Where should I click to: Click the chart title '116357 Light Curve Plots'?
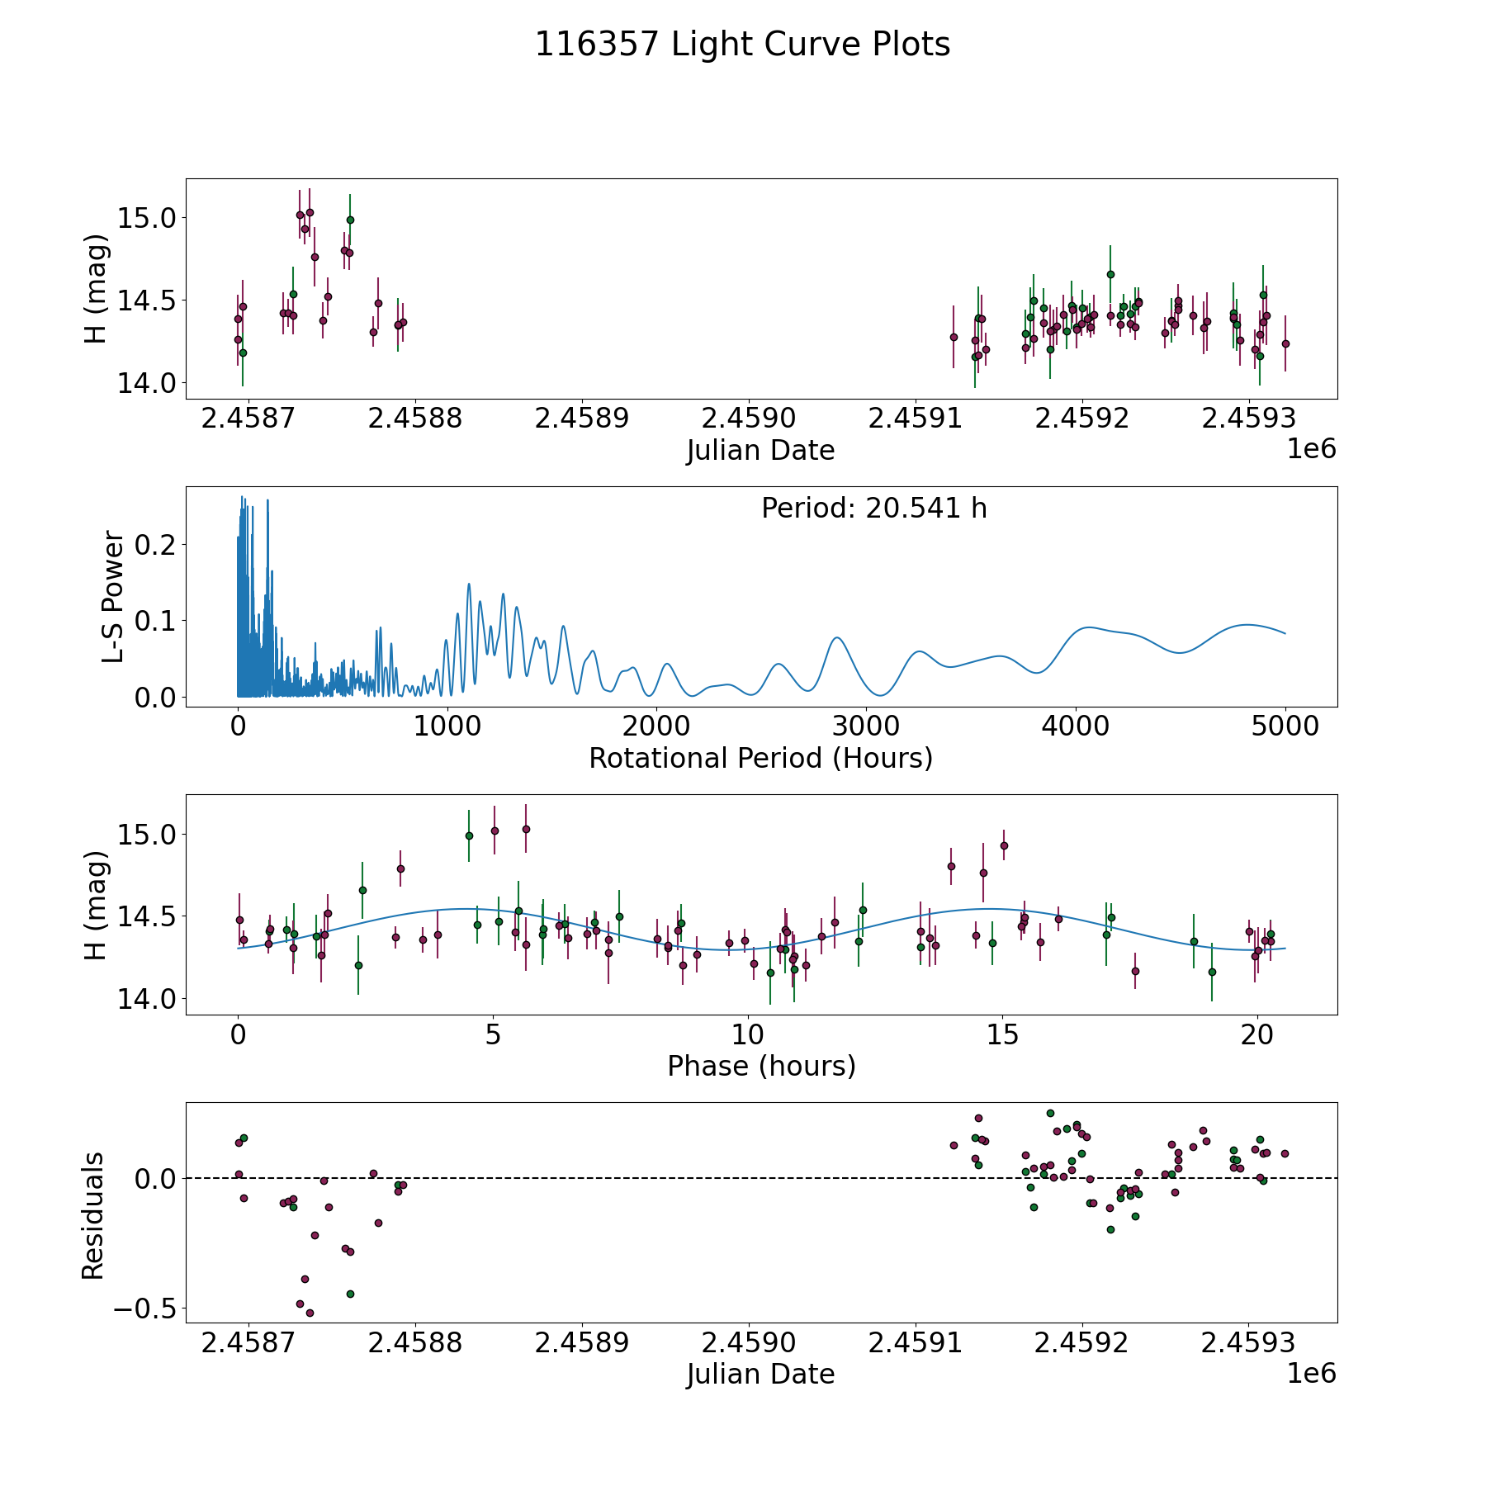tap(742, 45)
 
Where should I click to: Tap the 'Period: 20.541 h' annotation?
tap(873, 509)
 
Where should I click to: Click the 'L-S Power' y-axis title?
tap(113, 597)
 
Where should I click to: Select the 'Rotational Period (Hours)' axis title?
tap(760, 758)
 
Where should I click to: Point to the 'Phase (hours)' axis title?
tap(760, 1066)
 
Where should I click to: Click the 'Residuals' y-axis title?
tap(92, 1215)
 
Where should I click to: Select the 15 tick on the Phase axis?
tap(1003, 1034)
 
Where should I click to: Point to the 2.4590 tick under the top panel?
tap(749, 419)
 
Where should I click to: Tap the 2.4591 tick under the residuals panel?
tap(916, 1343)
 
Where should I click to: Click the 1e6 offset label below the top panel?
tap(1311, 449)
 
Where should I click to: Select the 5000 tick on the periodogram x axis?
tap(1285, 726)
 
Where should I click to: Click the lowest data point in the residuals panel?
tap(310, 1313)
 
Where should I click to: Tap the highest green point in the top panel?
tap(350, 220)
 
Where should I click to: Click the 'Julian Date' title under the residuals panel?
tap(760, 1374)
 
